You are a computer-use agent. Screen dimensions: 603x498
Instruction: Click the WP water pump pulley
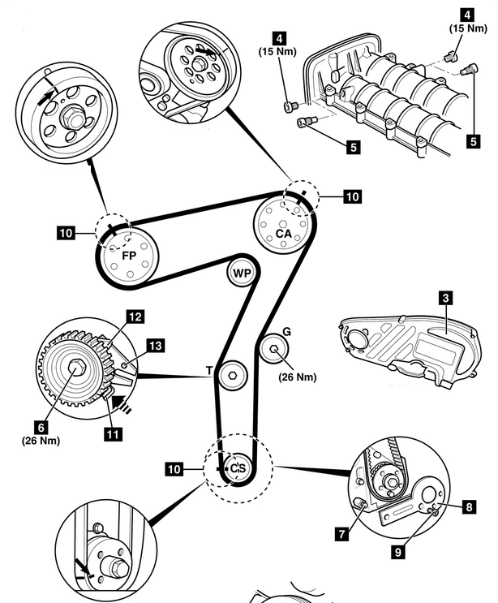242,273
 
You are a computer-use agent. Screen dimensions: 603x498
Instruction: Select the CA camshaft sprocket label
282,234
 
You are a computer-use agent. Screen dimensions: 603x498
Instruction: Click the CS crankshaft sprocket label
237,468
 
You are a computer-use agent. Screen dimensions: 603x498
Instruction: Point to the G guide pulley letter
286,332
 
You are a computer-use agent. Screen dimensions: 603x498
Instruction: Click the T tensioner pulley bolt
234,374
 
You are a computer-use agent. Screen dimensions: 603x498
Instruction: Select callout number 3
445,298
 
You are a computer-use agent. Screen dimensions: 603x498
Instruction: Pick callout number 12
133,316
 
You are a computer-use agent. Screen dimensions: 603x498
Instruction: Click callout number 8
469,507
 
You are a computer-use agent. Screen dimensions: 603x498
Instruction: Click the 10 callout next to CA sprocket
351,196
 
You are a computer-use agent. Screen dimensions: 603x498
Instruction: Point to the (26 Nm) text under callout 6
41,441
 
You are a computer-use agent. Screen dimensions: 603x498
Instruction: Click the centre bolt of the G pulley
274,351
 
